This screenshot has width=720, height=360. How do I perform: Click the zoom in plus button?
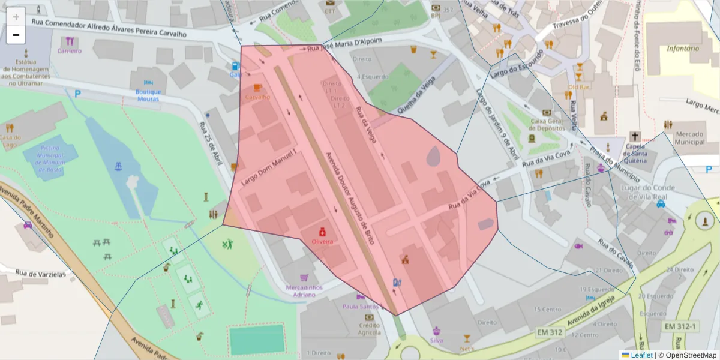pyautogui.click(x=16, y=17)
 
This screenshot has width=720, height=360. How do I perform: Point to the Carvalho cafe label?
pyautogui.click(x=258, y=97)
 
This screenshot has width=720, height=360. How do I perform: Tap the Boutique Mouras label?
pyautogui.click(x=148, y=95)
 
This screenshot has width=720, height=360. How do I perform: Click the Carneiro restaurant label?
pyautogui.click(x=70, y=51)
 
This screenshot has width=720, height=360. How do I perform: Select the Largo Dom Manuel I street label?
pyautogui.click(x=269, y=167)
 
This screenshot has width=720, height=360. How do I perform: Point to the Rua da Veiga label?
pyautogui.click(x=366, y=125)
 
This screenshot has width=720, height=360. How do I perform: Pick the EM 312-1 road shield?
pyautogui.click(x=680, y=326)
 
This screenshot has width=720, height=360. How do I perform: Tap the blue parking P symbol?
pyautogui.click(x=77, y=94)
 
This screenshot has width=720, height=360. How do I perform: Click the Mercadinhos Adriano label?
pyautogui.click(x=304, y=291)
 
